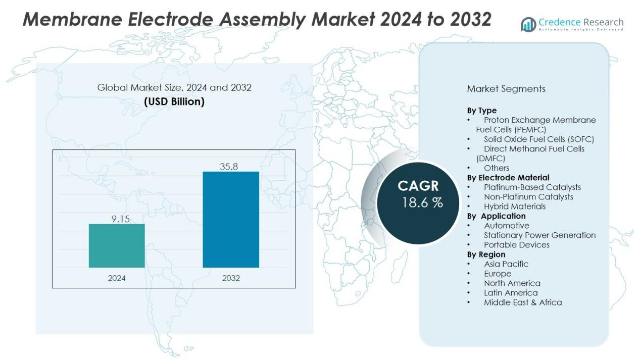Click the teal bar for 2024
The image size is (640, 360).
coord(117,245)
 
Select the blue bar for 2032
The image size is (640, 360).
coord(231,219)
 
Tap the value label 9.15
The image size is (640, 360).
coord(121,219)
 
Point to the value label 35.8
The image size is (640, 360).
coord(229,167)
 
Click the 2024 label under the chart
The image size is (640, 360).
coord(117,278)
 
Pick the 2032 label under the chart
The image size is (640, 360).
coord(231,278)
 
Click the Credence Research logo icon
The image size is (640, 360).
coord(528,24)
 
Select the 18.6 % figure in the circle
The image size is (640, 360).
coord(422,203)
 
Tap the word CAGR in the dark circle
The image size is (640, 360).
coord(418,186)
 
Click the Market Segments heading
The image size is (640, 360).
coord(506,89)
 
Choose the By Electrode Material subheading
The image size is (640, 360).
coord(508,178)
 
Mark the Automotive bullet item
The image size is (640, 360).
coord(507,226)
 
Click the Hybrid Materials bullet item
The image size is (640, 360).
coord(515,207)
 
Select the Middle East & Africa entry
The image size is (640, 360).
coord(523,302)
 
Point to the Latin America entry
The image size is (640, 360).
coord(511,293)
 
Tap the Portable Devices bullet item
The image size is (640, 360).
coord(517,245)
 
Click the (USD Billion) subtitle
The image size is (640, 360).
coord(174,101)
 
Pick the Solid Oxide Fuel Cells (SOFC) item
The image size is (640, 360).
coord(538,139)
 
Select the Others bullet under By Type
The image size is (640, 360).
coord(497,168)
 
